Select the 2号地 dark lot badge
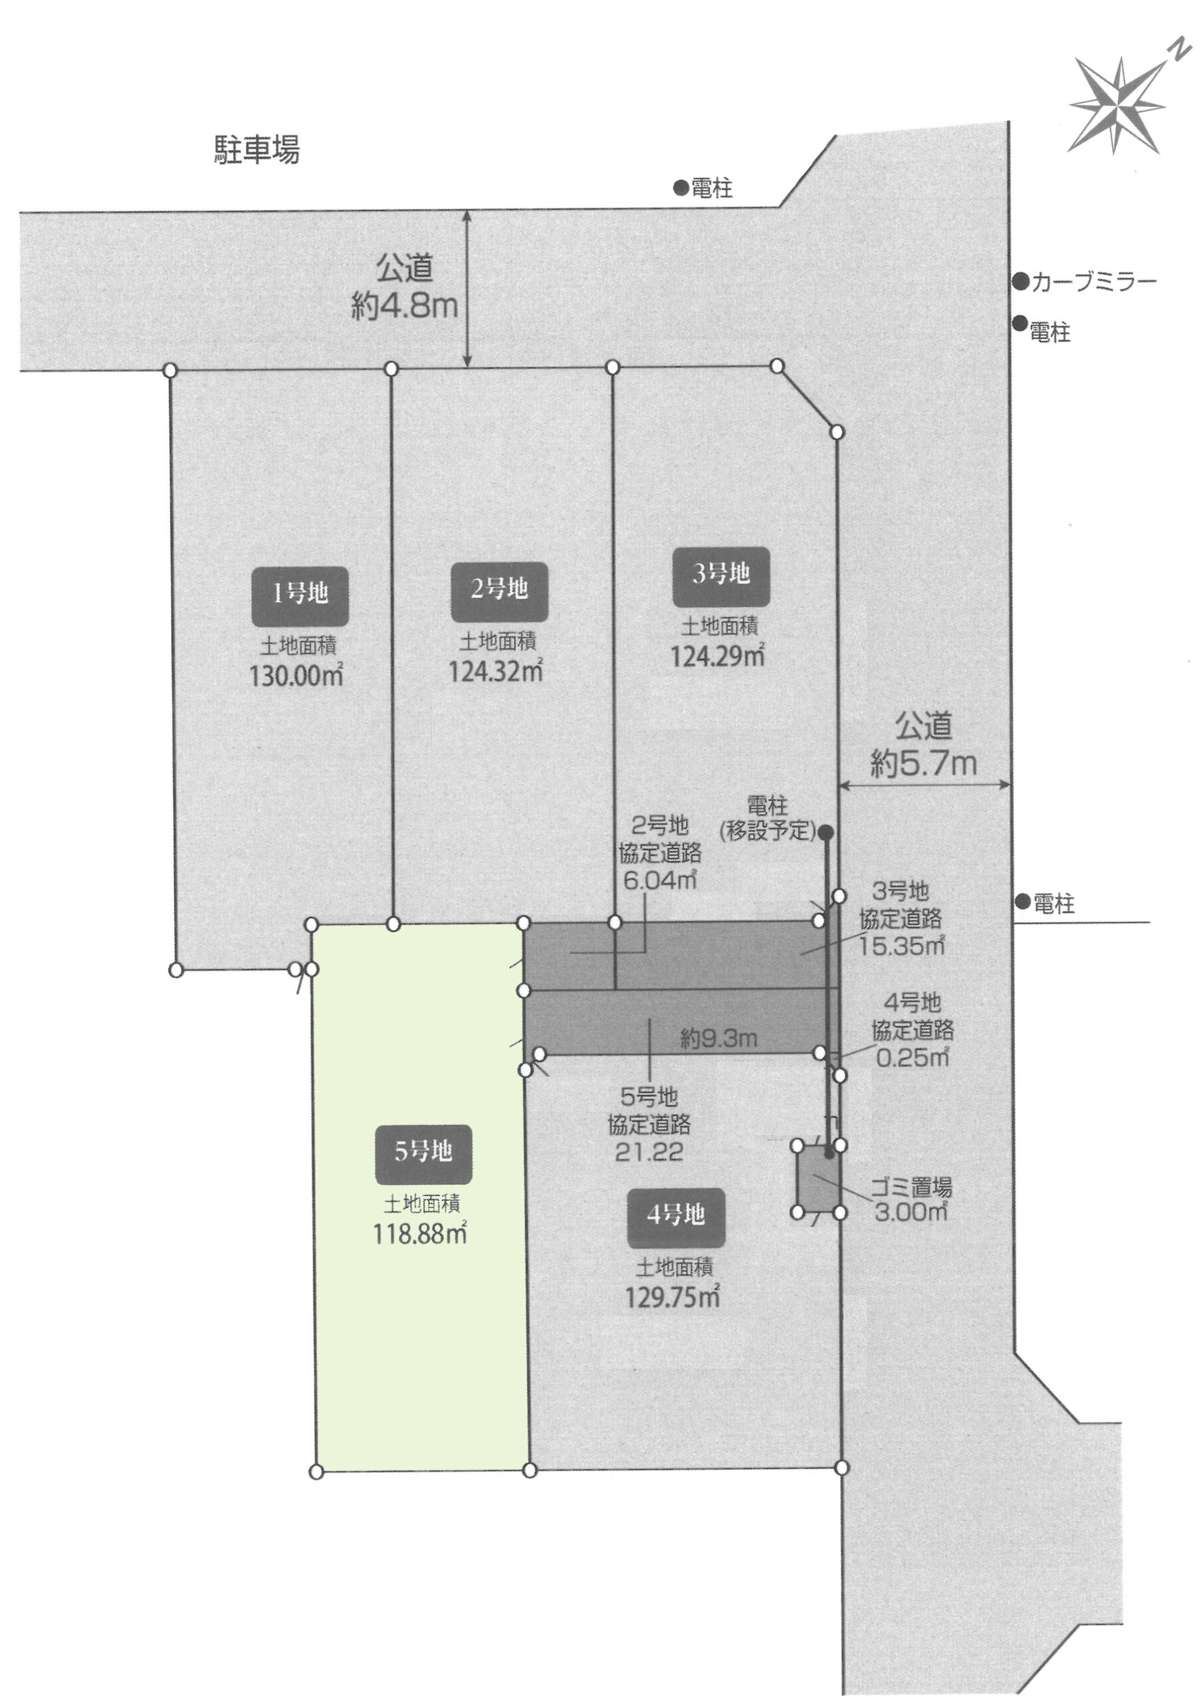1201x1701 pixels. click(x=499, y=592)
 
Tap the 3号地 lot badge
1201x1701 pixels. click(x=721, y=577)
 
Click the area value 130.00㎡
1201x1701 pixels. click(x=297, y=676)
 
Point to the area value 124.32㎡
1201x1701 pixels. click(x=496, y=671)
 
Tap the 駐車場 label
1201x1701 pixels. click(x=257, y=150)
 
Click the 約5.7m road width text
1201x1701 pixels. click(x=923, y=763)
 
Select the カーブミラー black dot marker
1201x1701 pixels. click(x=1022, y=282)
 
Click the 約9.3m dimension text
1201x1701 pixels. click(x=719, y=1039)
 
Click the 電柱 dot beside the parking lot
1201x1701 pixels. click(x=681, y=188)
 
